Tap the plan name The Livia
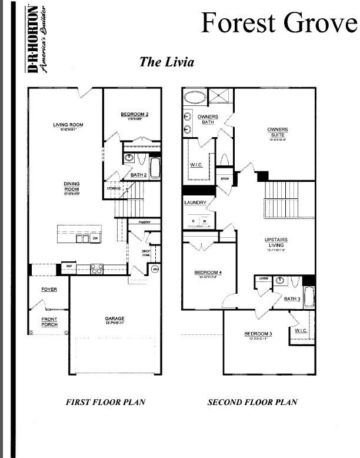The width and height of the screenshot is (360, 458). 166,62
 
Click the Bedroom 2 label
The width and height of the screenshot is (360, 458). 134,114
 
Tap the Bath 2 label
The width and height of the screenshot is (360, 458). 138,175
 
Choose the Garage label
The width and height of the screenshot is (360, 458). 115,319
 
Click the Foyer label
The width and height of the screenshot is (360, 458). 49,290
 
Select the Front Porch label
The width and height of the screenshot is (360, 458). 49,321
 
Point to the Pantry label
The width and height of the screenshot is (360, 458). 145,223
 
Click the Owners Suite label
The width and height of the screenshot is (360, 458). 277,131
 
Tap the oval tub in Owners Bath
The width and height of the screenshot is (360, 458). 194,97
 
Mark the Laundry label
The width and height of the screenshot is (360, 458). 195,203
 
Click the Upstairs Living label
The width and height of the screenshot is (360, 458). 275,243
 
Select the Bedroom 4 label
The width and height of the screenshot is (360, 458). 208,273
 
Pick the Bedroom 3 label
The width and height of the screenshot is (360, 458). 258,334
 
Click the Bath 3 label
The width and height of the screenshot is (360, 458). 292,299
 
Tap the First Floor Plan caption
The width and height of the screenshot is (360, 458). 105,403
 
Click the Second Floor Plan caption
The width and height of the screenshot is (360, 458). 252,403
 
